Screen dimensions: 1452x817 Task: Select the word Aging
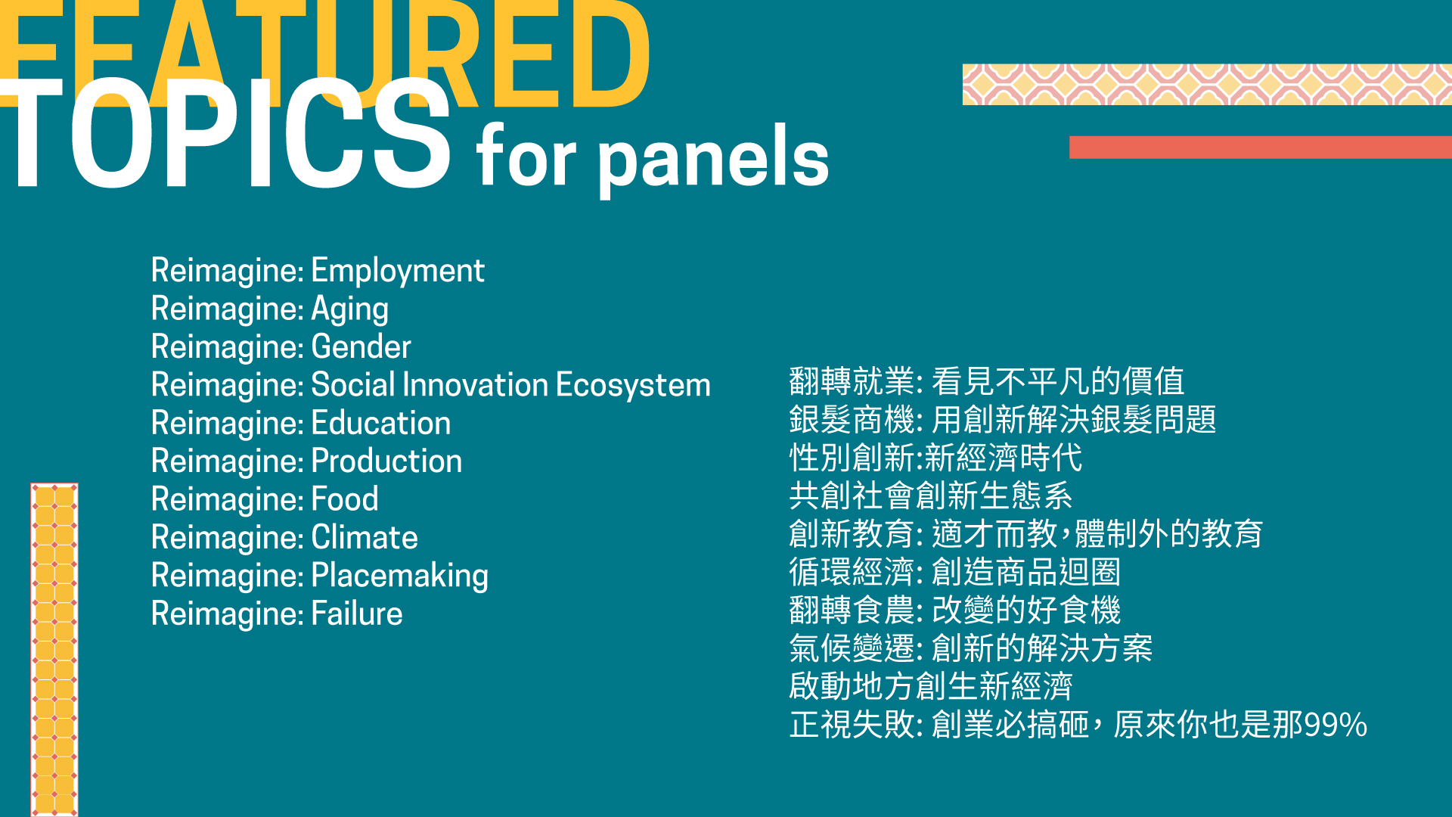coord(350,309)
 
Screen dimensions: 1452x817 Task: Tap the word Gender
coord(361,346)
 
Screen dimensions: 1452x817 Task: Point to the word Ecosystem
coord(633,386)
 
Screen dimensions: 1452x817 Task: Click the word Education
coord(381,423)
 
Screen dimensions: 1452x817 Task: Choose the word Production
coord(386,461)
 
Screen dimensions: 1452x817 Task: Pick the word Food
coord(345,499)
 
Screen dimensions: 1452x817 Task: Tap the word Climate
coord(365,537)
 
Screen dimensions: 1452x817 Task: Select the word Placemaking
coord(400,576)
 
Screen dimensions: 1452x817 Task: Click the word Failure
coord(357,614)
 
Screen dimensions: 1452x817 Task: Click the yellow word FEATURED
coord(325,53)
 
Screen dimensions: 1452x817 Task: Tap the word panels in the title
coord(715,157)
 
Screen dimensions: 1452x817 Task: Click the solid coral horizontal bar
coord(1261,147)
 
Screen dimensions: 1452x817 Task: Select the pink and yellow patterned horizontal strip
coord(1207,84)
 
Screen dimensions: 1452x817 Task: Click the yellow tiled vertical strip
coord(54,650)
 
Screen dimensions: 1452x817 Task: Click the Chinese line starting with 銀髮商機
coord(1003,420)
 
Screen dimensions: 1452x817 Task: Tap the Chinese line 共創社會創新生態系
coord(931,496)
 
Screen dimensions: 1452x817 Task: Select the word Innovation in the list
coord(475,385)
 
